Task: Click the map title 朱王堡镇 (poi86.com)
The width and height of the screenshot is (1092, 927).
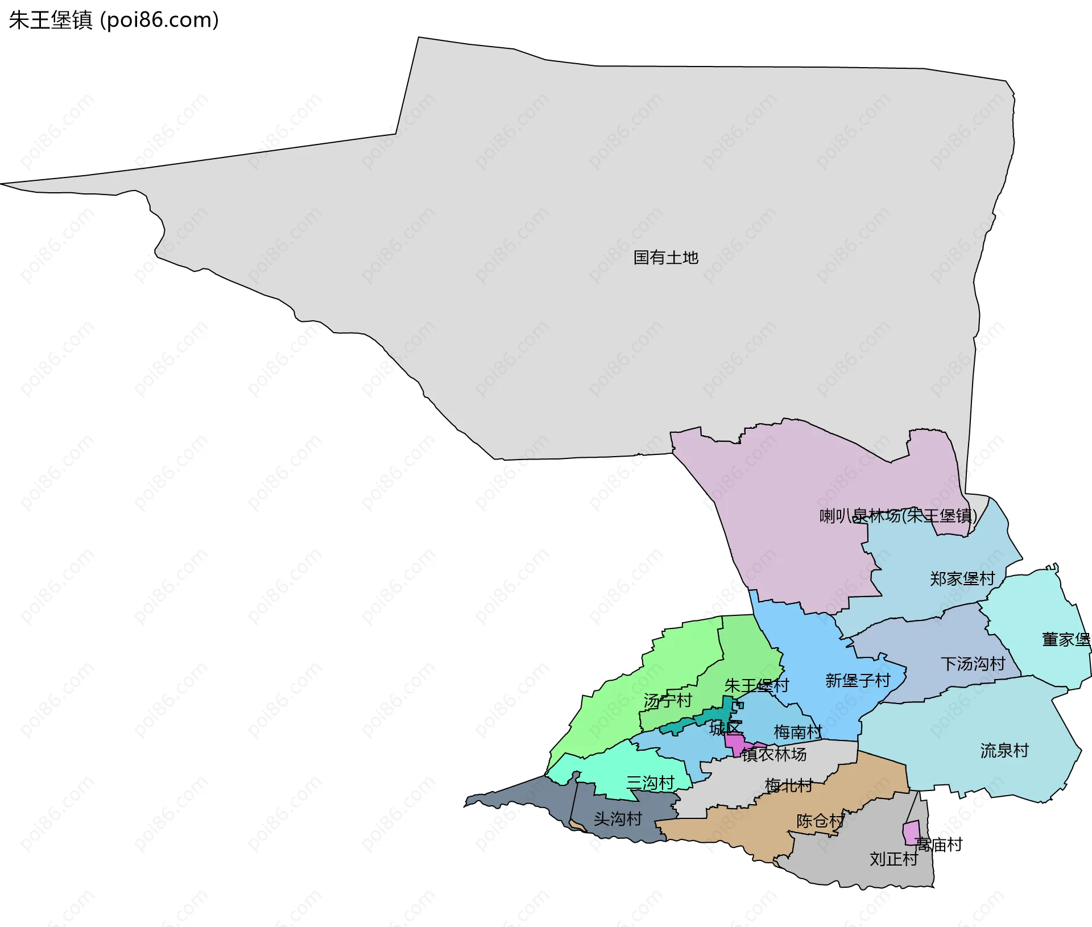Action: tap(114, 20)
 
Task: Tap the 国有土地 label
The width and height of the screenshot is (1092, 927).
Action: tap(665, 258)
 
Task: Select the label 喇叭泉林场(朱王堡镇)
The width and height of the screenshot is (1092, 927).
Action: tap(897, 516)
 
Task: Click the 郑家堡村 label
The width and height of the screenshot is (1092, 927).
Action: tap(962, 579)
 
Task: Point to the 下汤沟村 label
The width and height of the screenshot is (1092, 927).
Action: tap(973, 664)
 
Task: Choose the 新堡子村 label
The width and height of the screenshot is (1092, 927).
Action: tap(857, 680)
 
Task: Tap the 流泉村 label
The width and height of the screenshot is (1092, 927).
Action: tap(1004, 751)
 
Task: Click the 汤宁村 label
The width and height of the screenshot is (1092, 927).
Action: tap(667, 701)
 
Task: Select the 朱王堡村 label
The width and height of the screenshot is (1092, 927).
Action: tap(756, 685)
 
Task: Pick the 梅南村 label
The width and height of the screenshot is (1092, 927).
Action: tap(797, 732)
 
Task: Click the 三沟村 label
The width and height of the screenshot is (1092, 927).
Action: tap(650, 783)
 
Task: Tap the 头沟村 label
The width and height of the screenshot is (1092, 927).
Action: tap(618, 819)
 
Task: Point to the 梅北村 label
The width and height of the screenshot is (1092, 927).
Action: tap(788, 786)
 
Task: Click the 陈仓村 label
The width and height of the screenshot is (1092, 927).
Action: tap(820, 821)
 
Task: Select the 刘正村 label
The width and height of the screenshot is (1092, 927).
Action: tap(893, 859)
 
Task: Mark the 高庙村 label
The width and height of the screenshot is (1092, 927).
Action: tap(938, 845)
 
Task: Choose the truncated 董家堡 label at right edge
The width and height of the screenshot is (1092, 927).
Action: tap(1066, 640)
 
